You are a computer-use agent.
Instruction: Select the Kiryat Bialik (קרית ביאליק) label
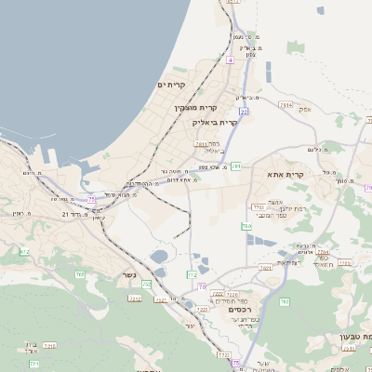(x=216, y=122)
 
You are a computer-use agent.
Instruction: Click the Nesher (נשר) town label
(x=128, y=275)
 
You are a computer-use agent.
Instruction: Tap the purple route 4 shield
(x=230, y=60)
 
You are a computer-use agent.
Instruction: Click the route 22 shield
(x=244, y=110)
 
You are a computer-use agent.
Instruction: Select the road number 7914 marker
(x=286, y=105)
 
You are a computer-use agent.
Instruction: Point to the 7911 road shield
(x=202, y=144)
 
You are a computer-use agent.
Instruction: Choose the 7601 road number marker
(x=265, y=268)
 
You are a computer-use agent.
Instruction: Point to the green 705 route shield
(x=285, y=301)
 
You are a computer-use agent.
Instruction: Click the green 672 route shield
(x=24, y=252)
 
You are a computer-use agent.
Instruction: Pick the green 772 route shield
(x=192, y=275)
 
